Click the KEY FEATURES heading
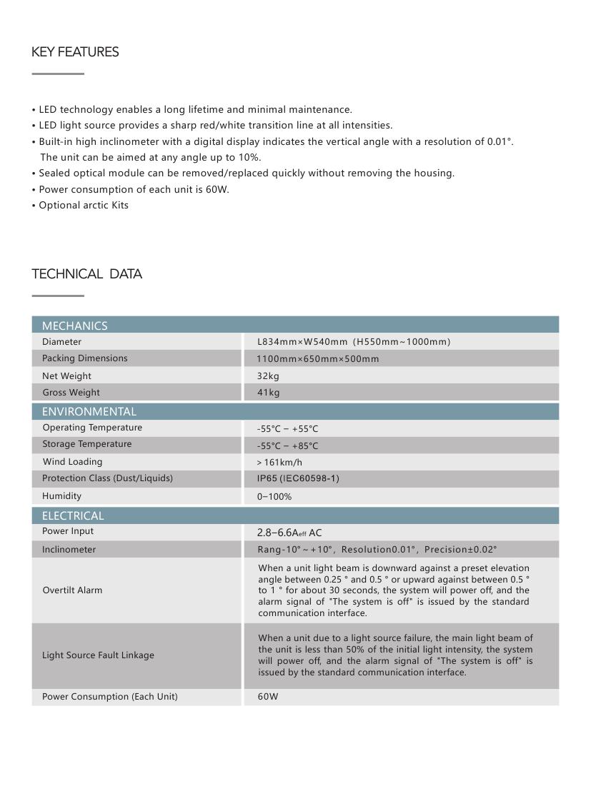coord(75,52)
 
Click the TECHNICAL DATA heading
coord(86,274)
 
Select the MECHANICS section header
coord(74,326)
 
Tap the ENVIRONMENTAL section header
coord(89,411)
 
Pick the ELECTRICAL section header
coord(72,515)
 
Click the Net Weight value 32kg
coord(268,376)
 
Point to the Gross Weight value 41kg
coord(268,392)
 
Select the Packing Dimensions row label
coord(84,358)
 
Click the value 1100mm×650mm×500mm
coord(317,359)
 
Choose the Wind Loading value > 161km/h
coord(279,462)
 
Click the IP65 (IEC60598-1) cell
coord(298,478)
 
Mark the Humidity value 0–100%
coord(274,496)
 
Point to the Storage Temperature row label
coord(86,444)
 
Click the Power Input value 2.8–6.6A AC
coord(289,533)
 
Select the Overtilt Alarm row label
coord(72,590)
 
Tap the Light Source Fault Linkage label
coord(98,655)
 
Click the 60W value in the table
coord(268,697)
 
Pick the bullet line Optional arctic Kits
coord(83,206)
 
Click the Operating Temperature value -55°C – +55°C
coord(287,429)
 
